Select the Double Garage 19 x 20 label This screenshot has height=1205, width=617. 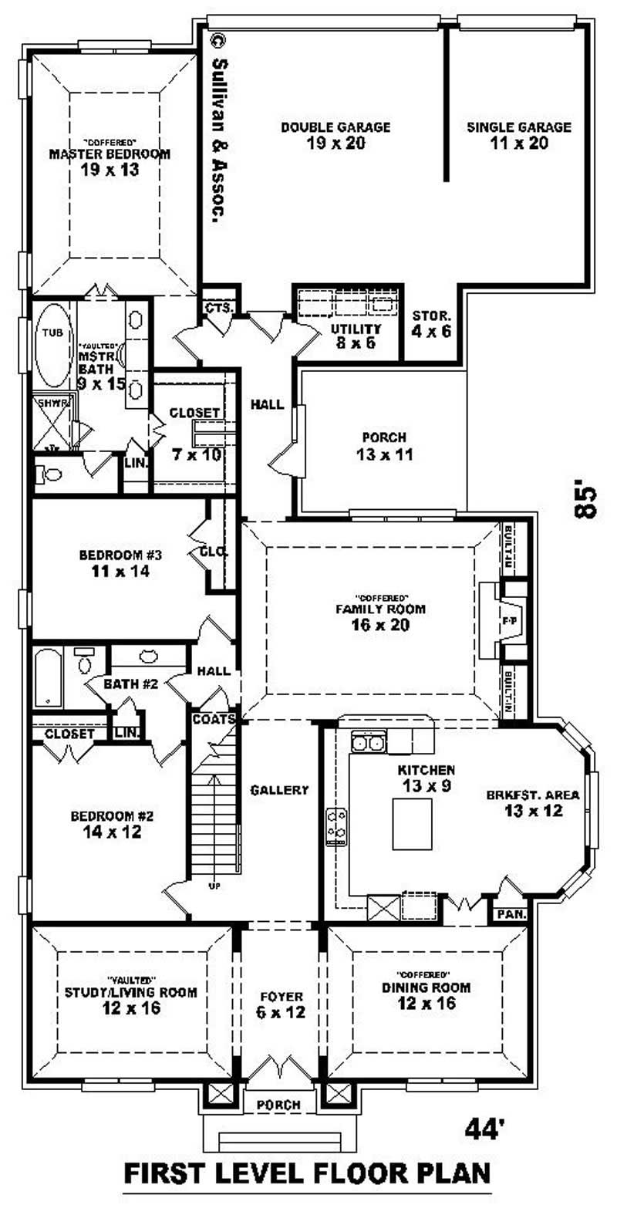(x=335, y=135)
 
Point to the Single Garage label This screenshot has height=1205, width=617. (x=519, y=135)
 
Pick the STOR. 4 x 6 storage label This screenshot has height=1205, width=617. (x=432, y=323)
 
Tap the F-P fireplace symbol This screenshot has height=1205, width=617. (x=510, y=619)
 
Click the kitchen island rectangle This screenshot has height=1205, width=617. (x=412, y=824)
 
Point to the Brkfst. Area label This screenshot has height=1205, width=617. (x=533, y=802)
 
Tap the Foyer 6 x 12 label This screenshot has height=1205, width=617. (x=281, y=1003)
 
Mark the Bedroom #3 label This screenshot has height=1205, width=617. (x=120, y=563)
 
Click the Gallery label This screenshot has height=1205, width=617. (x=280, y=790)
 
